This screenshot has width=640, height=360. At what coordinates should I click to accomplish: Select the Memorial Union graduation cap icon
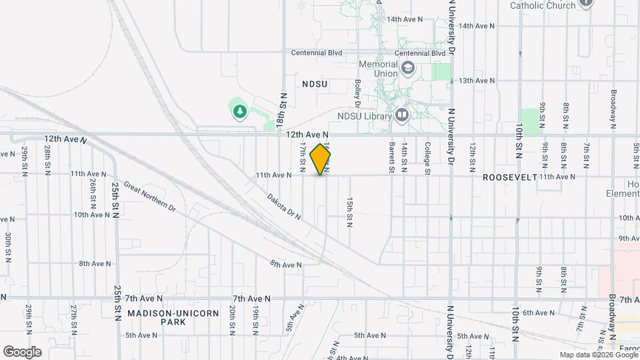407,67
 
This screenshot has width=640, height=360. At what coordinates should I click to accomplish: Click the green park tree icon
239,111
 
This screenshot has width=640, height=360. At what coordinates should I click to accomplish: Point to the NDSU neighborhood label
315,84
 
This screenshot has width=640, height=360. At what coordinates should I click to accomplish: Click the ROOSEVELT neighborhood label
509,177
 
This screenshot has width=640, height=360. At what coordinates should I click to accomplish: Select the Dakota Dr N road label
284,207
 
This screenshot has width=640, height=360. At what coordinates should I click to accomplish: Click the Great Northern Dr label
149,198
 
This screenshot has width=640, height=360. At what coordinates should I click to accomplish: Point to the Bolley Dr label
358,93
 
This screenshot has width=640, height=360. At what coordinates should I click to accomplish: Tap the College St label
427,157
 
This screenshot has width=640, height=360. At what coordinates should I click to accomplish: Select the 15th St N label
349,211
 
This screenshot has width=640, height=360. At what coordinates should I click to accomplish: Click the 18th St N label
283,109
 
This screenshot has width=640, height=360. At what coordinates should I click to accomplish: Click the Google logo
22,351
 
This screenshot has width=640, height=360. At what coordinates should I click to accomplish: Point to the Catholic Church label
542,5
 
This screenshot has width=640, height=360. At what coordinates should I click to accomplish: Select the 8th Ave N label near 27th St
94,263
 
